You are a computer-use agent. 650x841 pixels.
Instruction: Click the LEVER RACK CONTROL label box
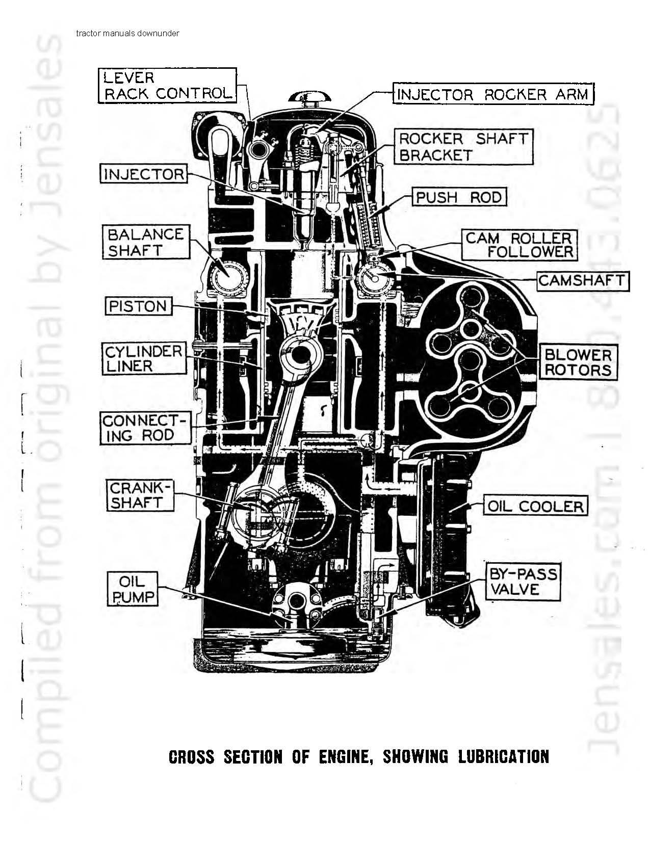click(167, 85)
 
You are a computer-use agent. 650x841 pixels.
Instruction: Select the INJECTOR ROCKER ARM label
click(493, 94)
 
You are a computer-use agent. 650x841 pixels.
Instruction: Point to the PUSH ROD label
click(459, 197)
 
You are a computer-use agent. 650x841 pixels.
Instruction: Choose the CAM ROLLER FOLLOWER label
click(519, 245)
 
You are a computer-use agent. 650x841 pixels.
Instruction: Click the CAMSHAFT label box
click(583, 281)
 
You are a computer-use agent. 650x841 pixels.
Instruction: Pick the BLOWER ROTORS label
click(578, 362)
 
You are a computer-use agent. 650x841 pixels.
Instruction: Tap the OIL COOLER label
click(536, 506)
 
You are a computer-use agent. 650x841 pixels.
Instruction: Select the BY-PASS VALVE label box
click(523, 581)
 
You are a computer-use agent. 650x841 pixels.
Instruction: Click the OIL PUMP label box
click(133, 589)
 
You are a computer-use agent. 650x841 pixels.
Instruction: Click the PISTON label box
click(138, 306)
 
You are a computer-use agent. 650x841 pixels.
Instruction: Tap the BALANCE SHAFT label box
click(146, 242)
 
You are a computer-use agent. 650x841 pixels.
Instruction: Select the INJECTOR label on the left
click(144, 174)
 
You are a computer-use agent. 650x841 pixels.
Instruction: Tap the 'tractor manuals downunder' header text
click(128, 33)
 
